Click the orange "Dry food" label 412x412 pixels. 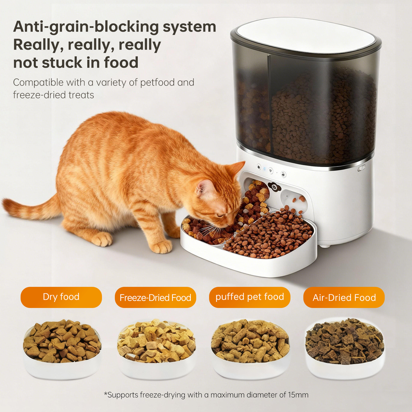[61, 297]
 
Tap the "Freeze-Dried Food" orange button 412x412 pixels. [156, 297]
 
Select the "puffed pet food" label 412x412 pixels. [250, 297]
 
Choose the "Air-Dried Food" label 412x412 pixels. [344, 297]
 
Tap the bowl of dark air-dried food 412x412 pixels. [345, 349]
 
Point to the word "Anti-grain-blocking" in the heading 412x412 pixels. [86, 27]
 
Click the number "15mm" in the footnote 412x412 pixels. [298, 395]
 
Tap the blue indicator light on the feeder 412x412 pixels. [264, 169]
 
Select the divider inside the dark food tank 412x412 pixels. [269, 103]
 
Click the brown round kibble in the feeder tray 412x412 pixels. [269, 234]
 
